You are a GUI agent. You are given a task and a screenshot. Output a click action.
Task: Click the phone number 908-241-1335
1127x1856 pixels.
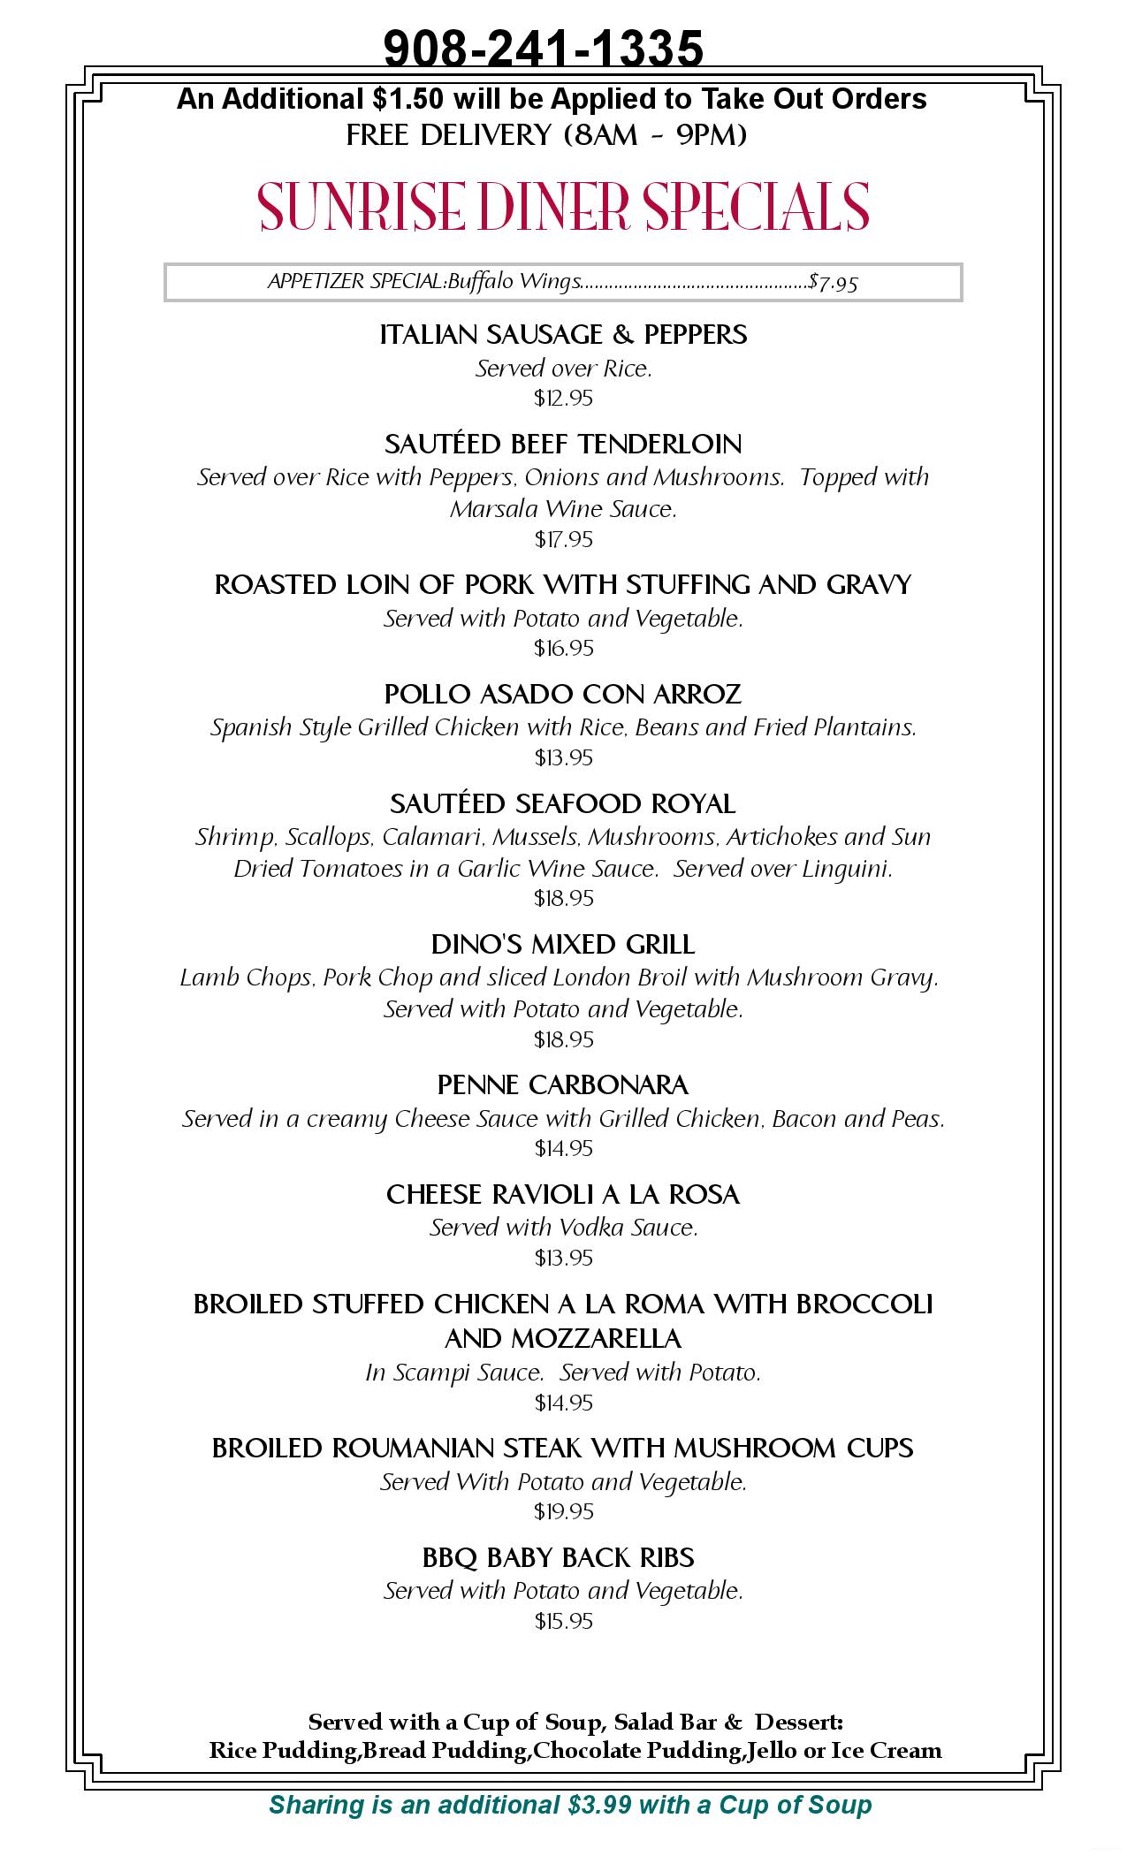click(x=544, y=48)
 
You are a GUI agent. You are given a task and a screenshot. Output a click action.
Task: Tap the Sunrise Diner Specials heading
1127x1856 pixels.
click(x=563, y=207)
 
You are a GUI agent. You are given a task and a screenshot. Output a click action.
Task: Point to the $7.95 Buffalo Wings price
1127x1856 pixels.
click(x=834, y=283)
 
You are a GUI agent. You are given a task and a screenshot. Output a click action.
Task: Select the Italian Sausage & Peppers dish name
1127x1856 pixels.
click(x=563, y=334)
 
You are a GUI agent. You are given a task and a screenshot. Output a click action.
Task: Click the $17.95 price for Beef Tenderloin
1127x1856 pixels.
click(x=563, y=539)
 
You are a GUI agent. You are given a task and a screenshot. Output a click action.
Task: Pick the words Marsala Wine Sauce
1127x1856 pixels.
click(x=563, y=509)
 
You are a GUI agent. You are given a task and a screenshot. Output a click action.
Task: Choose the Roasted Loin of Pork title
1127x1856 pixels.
click(x=563, y=585)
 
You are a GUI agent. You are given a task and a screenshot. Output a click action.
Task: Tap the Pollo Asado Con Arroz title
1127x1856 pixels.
click(x=563, y=695)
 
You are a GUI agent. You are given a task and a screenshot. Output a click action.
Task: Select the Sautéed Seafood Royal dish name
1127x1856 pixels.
click(x=563, y=803)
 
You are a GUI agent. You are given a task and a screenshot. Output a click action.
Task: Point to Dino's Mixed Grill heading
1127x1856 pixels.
click(x=563, y=945)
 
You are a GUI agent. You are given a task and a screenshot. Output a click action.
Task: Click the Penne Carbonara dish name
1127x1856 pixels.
click(x=563, y=1084)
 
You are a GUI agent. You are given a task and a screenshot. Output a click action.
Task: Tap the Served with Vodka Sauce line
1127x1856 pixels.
click(x=563, y=1228)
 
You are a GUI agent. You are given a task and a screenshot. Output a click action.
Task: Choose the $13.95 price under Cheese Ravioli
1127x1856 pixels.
click(x=563, y=1258)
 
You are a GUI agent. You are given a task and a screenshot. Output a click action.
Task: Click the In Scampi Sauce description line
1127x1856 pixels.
click(x=563, y=1373)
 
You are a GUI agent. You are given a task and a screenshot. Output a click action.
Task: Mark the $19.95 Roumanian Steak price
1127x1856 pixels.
click(x=563, y=1511)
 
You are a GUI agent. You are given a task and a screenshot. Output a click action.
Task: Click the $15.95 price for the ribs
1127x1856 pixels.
click(x=563, y=1621)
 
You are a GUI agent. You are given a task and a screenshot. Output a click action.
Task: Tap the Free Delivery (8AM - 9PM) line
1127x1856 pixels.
click(x=546, y=135)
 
